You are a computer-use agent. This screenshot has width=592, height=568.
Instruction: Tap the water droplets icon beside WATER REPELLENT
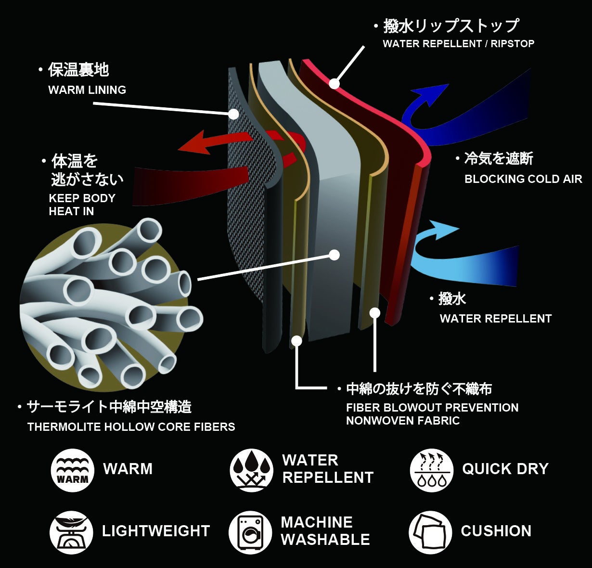pos(251,470)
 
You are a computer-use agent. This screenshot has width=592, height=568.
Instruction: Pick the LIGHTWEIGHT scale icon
pos(71,532)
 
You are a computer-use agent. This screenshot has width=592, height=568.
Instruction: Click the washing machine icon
pos(250,532)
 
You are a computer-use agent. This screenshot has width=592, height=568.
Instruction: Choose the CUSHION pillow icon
pos(430,532)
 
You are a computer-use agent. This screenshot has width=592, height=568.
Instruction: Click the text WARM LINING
pos(87,90)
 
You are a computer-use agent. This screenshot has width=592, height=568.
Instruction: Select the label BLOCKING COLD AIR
pos(523,179)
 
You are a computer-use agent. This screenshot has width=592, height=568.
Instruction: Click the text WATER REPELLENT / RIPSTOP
pos(458,44)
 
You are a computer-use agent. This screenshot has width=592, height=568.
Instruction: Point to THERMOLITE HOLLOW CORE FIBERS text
pos(131,427)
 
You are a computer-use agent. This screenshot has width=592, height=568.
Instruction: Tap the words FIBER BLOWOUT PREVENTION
pos(432,408)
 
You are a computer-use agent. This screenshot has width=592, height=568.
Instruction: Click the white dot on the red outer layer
pos(335,84)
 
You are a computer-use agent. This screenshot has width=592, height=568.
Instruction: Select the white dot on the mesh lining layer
pos(233,114)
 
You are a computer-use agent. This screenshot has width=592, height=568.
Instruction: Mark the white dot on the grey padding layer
pos(334,255)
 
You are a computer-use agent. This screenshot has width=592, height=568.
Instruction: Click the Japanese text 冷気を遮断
pos(499,159)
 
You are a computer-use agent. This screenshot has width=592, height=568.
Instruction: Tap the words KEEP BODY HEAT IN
pos(82,205)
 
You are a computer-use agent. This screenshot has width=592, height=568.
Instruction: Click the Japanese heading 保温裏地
pos(78,70)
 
